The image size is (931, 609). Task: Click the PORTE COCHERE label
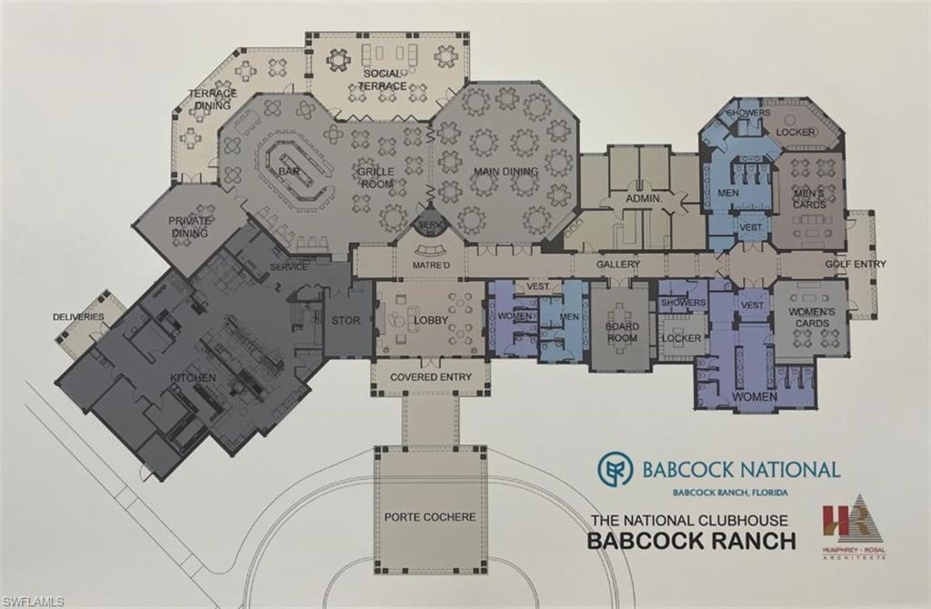click(430, 517)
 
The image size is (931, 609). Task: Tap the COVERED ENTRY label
click(429, 377)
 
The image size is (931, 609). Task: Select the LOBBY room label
click(431, 320)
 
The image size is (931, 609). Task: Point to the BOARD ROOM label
click(622, 332)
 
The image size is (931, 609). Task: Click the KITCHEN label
click(194, 377)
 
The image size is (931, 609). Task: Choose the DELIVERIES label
click(78, 317)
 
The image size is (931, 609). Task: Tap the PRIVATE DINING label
click(189, 226)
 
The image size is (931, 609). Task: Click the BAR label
click(289, 171)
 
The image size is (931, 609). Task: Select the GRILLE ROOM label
click(375, 177)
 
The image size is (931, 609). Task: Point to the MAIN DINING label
click(506, 172)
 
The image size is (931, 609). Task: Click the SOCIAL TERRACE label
click(383, 79)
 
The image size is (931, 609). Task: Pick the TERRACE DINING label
click(213, 99)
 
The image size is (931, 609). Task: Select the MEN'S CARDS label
click(809, 198)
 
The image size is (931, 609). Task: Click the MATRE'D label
click(432, 265)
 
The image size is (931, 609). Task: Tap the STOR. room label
click(346, 320)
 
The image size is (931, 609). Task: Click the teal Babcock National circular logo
click(616, 469)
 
